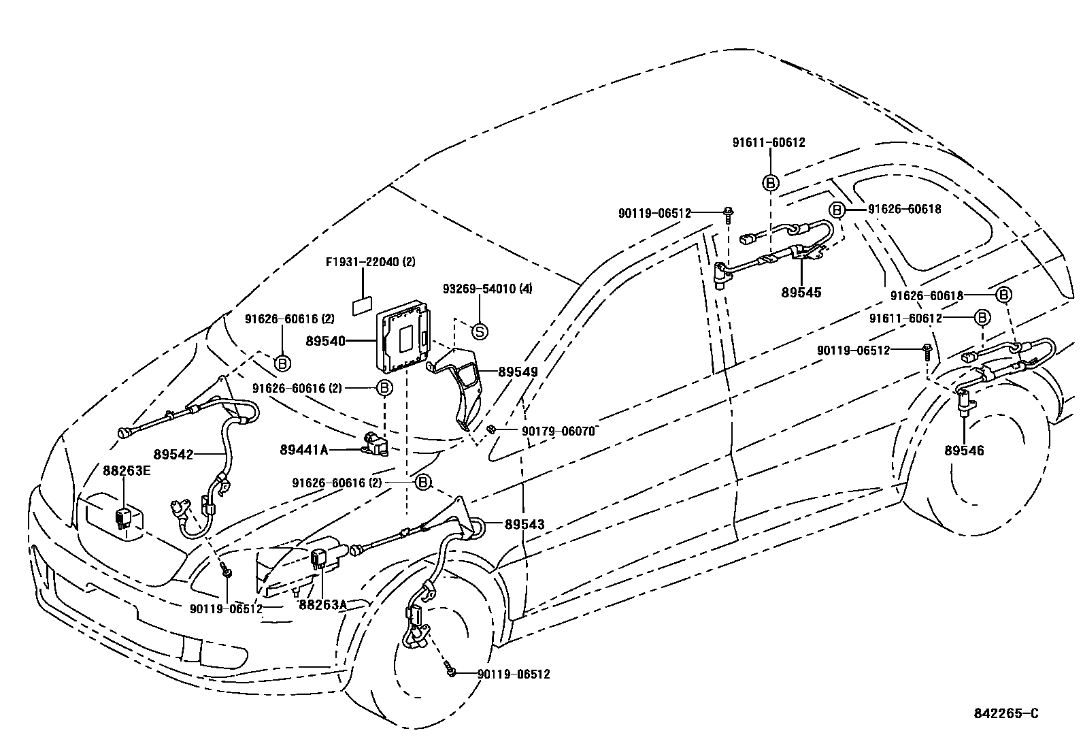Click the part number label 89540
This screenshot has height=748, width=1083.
click(325, 341)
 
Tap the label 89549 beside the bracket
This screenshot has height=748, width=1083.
click(518, 372)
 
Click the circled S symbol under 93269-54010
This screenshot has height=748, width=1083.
click(480, 331)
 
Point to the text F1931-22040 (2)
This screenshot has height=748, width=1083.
click(371, 261)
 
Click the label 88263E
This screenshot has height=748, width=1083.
click(126, 470)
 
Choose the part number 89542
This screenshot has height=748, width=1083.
click(173, 454)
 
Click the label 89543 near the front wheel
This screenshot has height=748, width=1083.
click(524, 524)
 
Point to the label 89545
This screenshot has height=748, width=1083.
click(801, 293)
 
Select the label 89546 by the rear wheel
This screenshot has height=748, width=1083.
click(964, 451)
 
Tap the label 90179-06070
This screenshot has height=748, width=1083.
click(559, 431)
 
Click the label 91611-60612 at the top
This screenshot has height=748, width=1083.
click(769, 142)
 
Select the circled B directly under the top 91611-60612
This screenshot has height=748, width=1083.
click(770, 182)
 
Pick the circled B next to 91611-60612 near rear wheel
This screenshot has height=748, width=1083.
click(982, 318)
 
